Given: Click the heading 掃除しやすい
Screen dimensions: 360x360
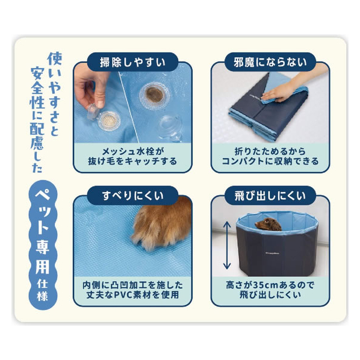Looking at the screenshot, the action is [x=132, y=63].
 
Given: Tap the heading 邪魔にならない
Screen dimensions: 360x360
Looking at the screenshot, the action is [x=270, y=63].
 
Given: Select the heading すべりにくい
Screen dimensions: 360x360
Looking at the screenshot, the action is [x=132, y=196].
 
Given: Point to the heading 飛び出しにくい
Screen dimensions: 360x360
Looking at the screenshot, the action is [x=270, y=196].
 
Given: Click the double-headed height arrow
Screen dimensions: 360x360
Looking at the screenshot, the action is [x=227, y=245].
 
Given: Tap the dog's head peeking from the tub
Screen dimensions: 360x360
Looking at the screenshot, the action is [x=268, y=225].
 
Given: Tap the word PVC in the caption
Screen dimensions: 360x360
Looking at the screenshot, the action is [x=123, y=295].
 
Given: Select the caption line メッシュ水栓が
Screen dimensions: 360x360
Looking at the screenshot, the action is [x=133, y=152].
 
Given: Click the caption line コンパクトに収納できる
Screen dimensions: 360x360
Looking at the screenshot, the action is [x=270, y=161].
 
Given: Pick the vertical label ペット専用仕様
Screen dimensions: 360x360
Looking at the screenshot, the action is [x=43, y=245].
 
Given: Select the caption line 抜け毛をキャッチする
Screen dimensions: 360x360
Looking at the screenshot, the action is [x=132, y=161].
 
